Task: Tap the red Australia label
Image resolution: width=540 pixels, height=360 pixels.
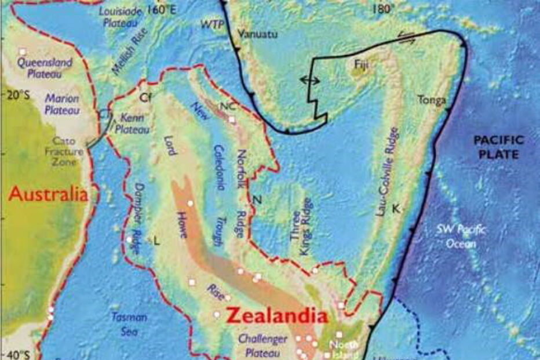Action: pos(49,194)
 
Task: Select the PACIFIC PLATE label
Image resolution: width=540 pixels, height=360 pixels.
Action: pos(498,147)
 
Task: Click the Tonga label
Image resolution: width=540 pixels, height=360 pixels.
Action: pos(432,100)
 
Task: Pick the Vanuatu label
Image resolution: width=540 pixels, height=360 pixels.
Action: pos(258,34)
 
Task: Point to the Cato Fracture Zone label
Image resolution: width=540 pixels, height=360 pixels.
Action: pos(64,151)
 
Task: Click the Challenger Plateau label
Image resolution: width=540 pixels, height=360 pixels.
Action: pos(262,346)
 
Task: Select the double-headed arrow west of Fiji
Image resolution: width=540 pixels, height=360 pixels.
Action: pos(310,81)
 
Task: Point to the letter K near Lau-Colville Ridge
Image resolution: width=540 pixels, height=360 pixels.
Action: pos(396,208)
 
